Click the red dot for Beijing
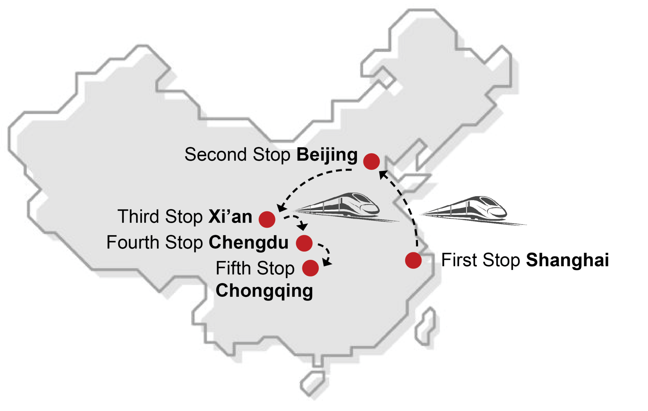coord(371,161)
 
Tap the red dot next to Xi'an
coord(267,219)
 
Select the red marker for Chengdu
coord(304,243)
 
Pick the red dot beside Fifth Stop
coord(310,268)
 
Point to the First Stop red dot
coord(413,260)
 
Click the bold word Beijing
coord(327,155)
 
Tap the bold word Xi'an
coord(230,217)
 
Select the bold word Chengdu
coord(248,243)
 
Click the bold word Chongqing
coord(264,291)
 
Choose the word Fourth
coord(133,243)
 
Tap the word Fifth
coord(233,268)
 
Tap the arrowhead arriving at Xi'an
coord(281,208)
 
